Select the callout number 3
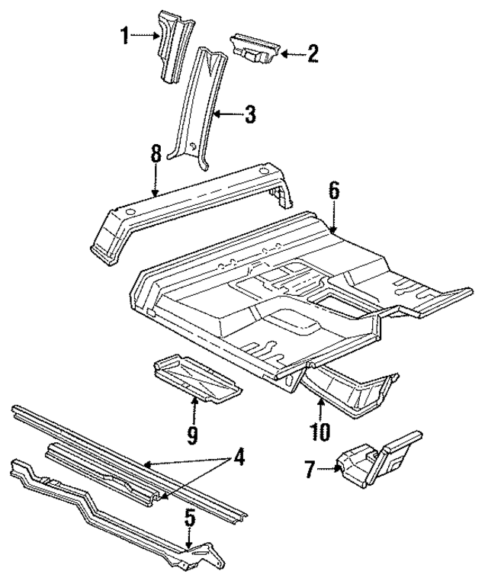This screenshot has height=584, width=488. pyautogui.click(x=249, y=115)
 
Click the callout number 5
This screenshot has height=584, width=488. pyautogui.click(x=191, y=518)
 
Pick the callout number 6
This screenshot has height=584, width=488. pyautogui.click(x=333, y=191)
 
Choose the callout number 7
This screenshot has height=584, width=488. pyautogui.click(x=309, y=469)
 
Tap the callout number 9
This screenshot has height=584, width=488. pyautogui.click(x=192, y=435)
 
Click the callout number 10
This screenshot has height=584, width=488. pyautogui.click(x=320, y=432)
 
